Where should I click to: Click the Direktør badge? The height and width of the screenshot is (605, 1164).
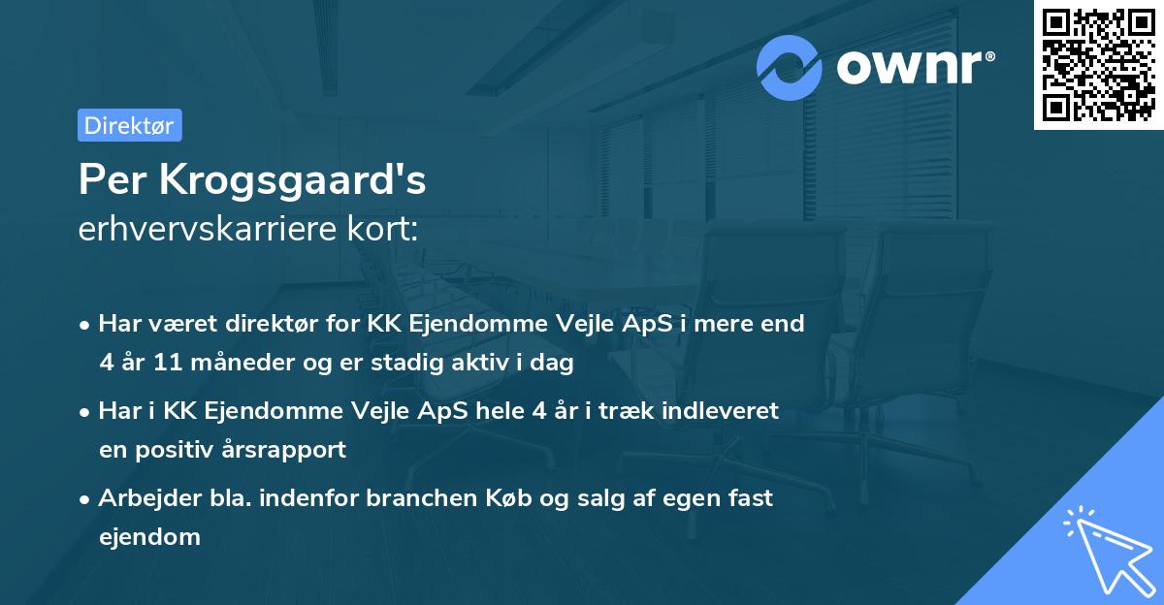tap(129, 125)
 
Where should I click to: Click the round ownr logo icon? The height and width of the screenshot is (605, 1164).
tap(790, 67)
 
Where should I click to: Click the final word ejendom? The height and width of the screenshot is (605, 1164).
tap(149, 537)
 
